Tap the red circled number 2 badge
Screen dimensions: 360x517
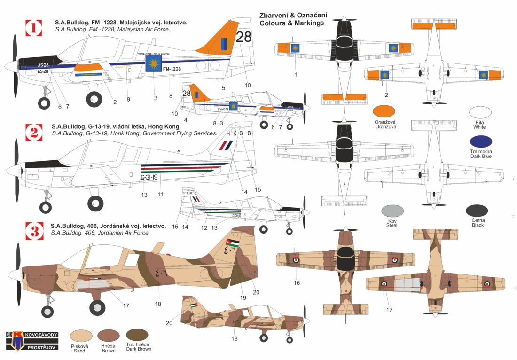[33, 133]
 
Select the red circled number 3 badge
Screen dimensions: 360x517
[33, 231]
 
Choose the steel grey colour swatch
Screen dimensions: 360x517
[392, 212]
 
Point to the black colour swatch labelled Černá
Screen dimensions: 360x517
[477, 212]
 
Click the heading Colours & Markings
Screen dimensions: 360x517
[291, 23]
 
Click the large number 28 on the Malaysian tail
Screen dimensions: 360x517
[244, 37]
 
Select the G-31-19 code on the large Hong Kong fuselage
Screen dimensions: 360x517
[149, 177]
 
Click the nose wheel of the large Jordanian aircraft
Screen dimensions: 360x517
[47, 311]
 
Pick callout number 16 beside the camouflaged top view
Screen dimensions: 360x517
[297, 283]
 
